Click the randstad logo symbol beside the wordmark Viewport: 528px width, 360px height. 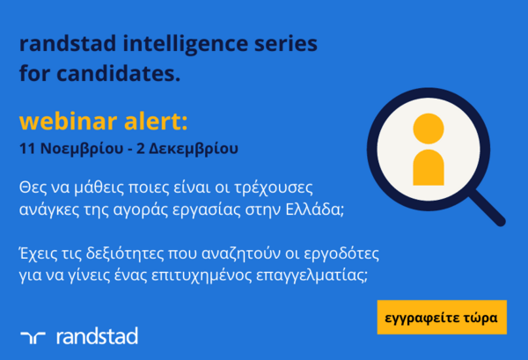[33, 335]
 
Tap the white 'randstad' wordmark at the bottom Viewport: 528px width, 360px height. [97, 335]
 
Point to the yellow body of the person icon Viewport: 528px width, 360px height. [429, 166]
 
